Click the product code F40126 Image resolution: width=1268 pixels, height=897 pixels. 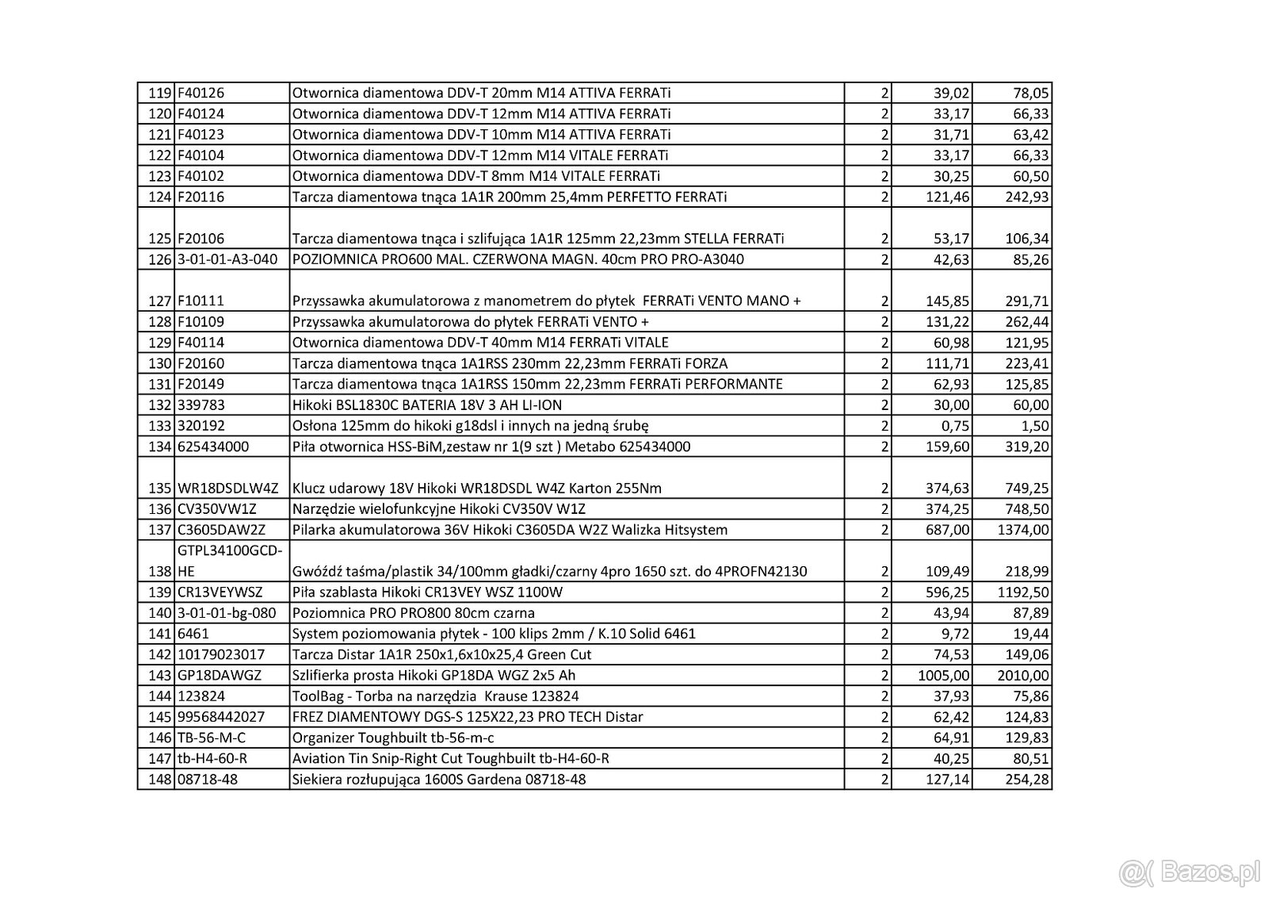pyautogui.click(x=201, y=93)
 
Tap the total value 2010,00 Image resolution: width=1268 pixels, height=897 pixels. pyautogui.click(x=1023, y=676)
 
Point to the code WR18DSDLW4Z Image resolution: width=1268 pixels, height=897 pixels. pyautogui.click(x=228, y=488)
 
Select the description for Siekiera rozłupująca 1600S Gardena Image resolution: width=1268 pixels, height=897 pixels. pyautogui.click(x=439, y=780)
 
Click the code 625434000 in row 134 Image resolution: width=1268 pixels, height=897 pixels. pyautogui.click(x=213, y=447)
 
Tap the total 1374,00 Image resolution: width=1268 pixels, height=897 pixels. pyautogui.click(x=1023, y=530)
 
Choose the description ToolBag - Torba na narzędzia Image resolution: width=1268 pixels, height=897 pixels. pyautogui.click(x=435, y=696)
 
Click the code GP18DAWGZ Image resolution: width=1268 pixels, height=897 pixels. pyautogui.click(x=220, y=676)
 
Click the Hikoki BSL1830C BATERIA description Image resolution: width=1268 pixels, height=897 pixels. pyautogui.click(x=427, y=405)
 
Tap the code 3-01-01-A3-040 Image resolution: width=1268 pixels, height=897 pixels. pyautogui.click(x=229, y=259)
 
